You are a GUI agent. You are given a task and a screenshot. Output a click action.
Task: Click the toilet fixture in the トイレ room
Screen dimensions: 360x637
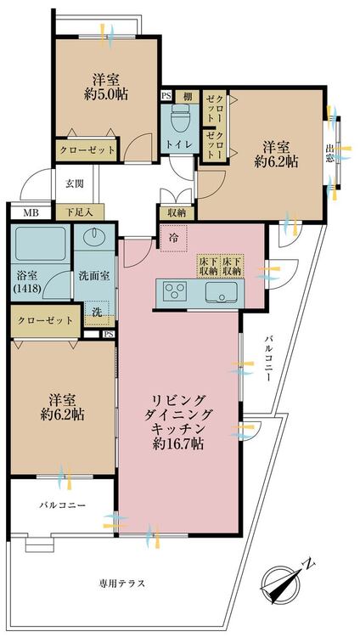180,118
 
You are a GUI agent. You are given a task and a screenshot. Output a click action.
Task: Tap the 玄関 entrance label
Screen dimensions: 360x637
75,183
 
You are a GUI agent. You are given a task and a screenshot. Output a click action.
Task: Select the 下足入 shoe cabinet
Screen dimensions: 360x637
80,212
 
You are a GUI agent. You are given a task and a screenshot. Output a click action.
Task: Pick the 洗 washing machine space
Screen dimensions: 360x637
97,313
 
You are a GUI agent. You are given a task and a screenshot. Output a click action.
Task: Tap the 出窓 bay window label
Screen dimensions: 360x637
329,154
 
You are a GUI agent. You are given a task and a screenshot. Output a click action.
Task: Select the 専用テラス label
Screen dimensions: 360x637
122,583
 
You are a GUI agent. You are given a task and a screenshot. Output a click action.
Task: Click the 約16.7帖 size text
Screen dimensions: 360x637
177,443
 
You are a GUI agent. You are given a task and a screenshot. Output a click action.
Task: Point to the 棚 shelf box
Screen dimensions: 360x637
188,97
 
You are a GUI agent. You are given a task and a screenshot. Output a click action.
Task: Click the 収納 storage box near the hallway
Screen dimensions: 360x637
177,212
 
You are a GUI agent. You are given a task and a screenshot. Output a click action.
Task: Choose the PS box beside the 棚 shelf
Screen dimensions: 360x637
167,96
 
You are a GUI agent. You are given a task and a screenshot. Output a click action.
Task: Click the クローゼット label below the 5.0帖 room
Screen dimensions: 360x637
87,149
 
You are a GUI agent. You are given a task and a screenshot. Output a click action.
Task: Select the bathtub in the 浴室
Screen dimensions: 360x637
40,244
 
